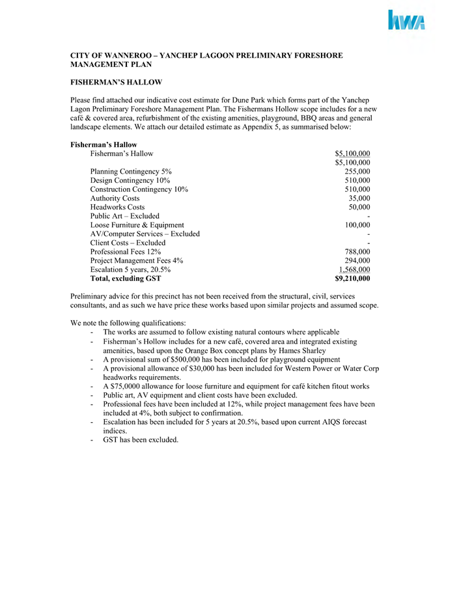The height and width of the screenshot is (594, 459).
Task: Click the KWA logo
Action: coord(407,21)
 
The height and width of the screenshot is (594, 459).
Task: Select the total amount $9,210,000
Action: coord(352,278)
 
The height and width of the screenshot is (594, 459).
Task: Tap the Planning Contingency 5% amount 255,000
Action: coord(357,171)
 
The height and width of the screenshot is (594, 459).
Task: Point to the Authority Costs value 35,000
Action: coord(359,198)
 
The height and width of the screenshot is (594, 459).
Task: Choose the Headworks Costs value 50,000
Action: coord(359,207)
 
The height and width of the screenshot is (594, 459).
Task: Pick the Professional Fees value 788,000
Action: coord(357,252)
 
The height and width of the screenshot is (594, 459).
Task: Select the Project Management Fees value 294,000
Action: coord(357,260)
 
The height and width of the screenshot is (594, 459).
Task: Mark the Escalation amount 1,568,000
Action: coord(355,269)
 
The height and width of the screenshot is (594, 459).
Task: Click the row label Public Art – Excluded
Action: coord(125,216)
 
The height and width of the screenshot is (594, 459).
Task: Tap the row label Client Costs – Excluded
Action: coord(128,243)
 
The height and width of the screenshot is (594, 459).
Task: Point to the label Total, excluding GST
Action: coord(126,278)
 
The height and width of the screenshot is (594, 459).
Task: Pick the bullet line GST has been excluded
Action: coord(140,440)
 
